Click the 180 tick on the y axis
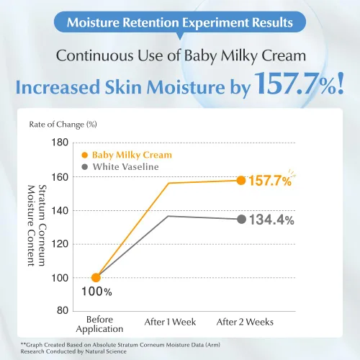coord(60,143)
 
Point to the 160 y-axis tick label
coord(60,177)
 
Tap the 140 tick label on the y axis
coord(60,211)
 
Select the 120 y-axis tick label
coord(60,244)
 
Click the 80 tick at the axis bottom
coord(63,310)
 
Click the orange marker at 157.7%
coord(241,181)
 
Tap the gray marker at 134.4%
coord(241,219)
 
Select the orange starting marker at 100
coord(96,278)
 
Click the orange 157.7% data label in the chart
coord(270,181)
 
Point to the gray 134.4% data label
coord(271,220)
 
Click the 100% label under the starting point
coord(96,292)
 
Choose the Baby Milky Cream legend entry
coord(127,155)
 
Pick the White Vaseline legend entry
coord(120,167)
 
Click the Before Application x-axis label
coord(99,324)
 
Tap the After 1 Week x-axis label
coord(170,322)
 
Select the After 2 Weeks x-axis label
coord(245,322)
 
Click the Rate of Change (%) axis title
coord(63,125)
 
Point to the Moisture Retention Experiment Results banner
coord(180,22)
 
